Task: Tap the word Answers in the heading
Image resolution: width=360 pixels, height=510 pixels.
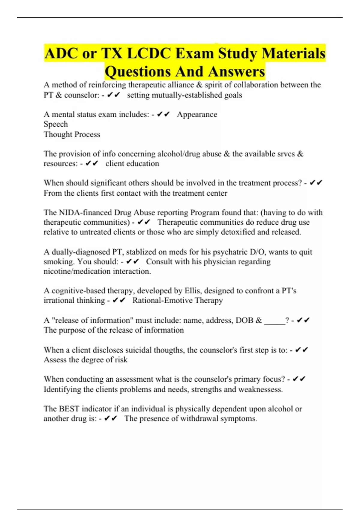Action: pos(236,71)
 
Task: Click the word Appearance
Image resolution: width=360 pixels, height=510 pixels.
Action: pos(197,114)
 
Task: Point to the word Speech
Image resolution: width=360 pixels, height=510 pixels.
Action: pos(56,124)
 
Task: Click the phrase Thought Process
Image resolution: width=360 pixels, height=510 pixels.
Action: pos(72,134)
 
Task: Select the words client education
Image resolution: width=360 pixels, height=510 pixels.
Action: pos(132,163)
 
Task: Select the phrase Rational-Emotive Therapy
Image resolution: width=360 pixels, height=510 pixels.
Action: pos(178,300)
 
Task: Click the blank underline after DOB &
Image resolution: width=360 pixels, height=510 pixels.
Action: pos(274,320)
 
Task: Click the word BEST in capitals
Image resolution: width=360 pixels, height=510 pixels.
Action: pos(69,409)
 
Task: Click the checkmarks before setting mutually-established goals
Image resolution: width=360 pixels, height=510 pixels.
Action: pos(113,95)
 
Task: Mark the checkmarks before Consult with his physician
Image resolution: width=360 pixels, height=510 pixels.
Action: pos(133,262)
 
